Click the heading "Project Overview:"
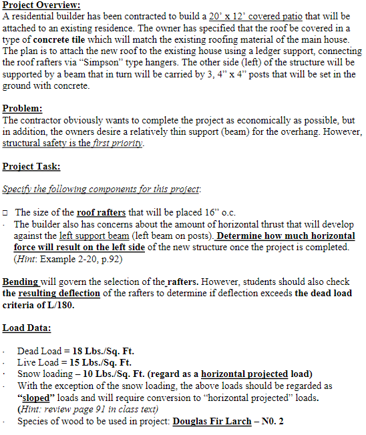click(x=41, y=5)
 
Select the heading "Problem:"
click(x=23, y=108)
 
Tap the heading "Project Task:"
click(x=31, y=166)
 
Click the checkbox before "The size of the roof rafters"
click(x=5, y=212)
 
